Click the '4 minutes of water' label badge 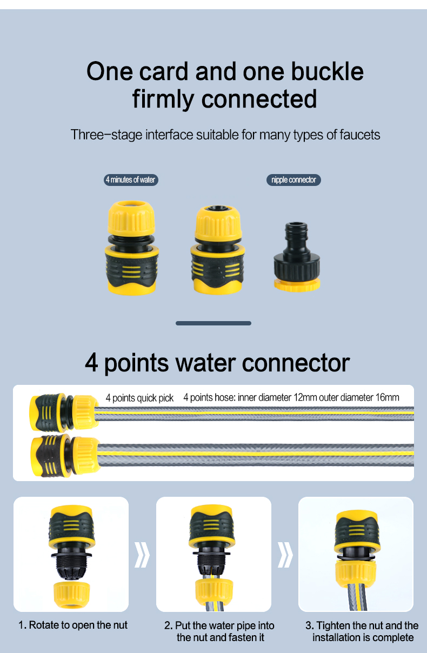pos(131,180)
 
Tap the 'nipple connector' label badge pos(293,180)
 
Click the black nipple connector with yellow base pos(297,257)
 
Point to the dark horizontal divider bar pos(213,323)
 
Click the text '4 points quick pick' pos(139,398)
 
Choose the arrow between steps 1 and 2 pos(142,555)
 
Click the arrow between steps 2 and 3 pos(285,555)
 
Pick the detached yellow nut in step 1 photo pos(72,595)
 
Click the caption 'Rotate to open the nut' pos(78,625)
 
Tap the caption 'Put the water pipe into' pos(224,625)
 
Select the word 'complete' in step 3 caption pos(393,637)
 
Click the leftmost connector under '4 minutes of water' pos(131,248)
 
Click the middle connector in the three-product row pos(218,249)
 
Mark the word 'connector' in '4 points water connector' pos(296,363)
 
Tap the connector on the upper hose pos(64,412)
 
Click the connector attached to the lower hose pos(65,455)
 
